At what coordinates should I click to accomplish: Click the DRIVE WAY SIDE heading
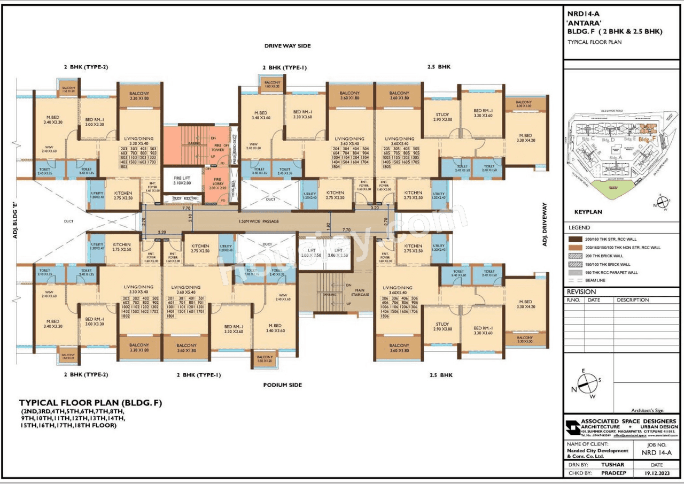click(287, 46)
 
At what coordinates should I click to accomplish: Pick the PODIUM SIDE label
click(282, 385)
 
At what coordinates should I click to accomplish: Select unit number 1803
click(123, 167)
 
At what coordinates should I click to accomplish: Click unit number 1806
click(384, 317)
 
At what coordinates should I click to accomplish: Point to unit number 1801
click(170, 317)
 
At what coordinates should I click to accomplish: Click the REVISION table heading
click(581, 292)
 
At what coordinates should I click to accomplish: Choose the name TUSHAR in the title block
click(612, 465)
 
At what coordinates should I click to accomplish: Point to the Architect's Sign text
click(647, 410)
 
